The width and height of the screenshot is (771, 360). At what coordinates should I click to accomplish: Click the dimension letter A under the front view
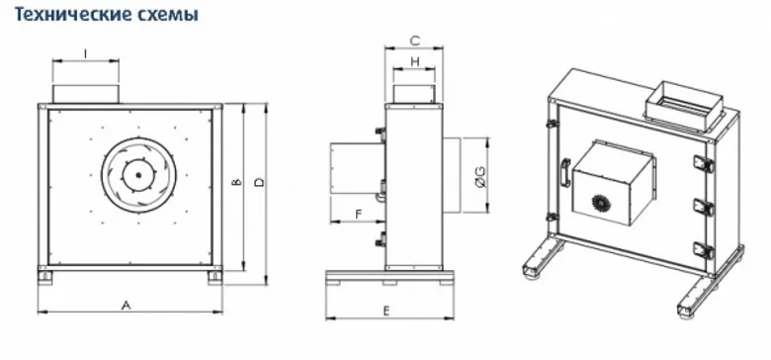[x=127, y=306]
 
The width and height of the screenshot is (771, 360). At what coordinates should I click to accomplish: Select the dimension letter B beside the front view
[x=236, y=182]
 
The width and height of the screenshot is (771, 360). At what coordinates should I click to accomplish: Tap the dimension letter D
[x=260, y=182]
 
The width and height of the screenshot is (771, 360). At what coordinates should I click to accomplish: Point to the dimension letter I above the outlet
[x=86, y=53]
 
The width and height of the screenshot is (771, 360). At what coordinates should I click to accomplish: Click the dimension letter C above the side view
[x=415, y=41]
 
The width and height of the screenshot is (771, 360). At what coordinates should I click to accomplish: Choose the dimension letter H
[x=415, y=61]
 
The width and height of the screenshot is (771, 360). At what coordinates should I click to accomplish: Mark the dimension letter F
[x=359, y=214]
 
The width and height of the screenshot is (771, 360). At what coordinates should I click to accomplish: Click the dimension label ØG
[x=480, y=177]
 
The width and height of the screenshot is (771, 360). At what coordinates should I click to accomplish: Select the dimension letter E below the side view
[x=386, y=312]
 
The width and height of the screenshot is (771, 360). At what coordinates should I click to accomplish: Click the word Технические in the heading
[x=67, y=14]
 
